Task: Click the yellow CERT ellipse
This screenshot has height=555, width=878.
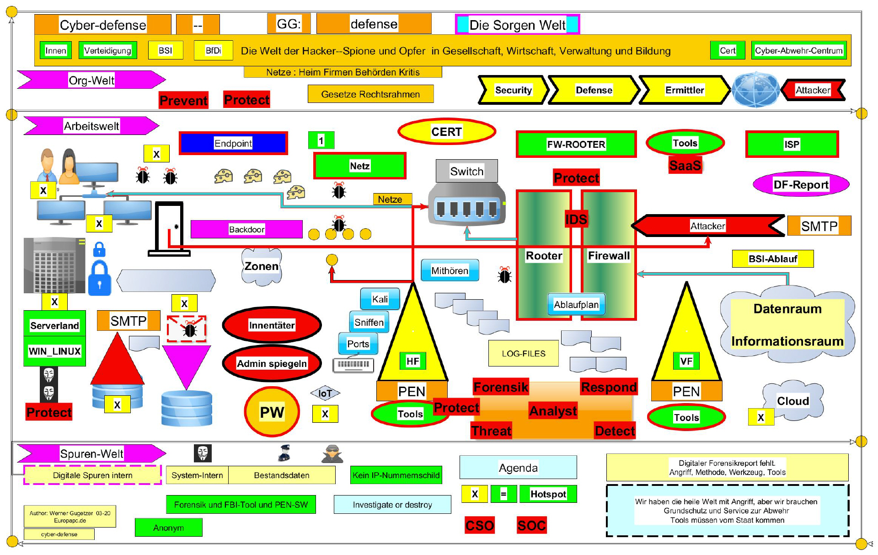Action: (447, 132)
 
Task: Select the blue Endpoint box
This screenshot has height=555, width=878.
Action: (233, 143)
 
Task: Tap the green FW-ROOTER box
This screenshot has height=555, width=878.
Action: (576, 144)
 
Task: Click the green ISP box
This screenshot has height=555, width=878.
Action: (792, 144)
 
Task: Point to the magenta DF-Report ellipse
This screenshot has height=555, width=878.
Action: (801, 184)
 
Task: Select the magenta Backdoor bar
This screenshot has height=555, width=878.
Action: (246, 229)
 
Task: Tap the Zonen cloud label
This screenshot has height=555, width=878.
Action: (261, 266)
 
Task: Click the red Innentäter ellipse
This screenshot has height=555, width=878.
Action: (272, 325)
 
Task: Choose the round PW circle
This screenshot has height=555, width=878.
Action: (272, 412)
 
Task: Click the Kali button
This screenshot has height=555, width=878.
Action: (380, 299)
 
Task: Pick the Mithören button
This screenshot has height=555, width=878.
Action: (450, 270)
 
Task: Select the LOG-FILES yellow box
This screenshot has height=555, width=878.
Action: (523, 353)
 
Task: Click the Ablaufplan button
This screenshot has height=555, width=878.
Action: (576, 304)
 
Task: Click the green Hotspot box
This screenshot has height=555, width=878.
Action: (548, 494)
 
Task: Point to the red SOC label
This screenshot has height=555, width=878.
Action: (531, 525)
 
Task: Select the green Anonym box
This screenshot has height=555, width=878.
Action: (168, 528)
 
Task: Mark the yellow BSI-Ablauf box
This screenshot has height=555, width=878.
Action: (772, 259)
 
